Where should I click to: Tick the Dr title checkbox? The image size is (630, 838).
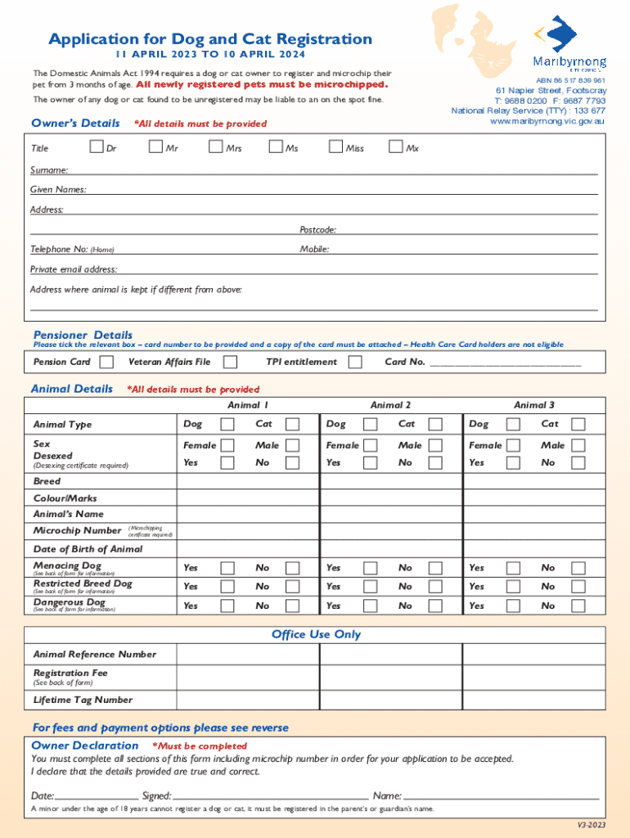[97, 147]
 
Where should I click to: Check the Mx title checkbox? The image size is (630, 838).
[396, 147]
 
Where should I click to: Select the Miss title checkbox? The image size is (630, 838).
[335, 147]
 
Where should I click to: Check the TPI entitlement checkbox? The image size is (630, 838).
[355, 362]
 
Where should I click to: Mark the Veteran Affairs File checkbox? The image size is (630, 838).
[231, 362]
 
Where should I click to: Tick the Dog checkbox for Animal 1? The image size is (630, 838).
[227, 424]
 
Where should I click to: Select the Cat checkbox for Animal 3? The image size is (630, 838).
[578, 424]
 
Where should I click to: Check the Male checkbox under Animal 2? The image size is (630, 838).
[436, 445]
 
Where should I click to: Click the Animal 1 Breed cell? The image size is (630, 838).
[248, 481]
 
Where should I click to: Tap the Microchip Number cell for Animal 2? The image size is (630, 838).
[391, 531]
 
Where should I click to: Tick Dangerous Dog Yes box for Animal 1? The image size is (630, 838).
[227, 606]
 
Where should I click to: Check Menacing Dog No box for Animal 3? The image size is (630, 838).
[578, 567]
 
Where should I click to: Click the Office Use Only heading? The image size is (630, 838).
[316, 634]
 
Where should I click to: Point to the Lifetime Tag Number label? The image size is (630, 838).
[83, 700]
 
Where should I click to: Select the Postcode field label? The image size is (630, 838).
[317, 230]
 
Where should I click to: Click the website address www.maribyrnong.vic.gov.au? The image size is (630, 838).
[547, 121]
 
